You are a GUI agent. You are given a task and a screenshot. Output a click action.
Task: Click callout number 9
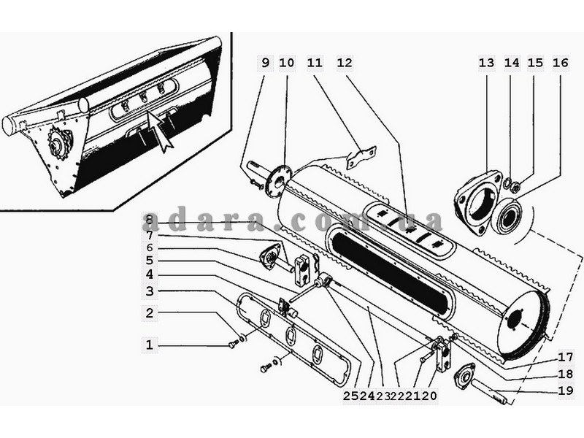[x=265, y=63]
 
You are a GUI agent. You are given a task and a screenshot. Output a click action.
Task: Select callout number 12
[x=345, y=63]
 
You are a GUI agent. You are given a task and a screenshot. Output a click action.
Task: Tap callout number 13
[x=486, y=63]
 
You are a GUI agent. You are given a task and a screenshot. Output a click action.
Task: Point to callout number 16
[x=561, y=63]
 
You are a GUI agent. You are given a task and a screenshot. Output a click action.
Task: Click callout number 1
[x=150, y=345]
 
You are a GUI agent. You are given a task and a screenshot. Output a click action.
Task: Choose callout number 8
[x=150, y=220]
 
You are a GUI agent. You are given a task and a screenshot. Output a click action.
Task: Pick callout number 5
[x=150, y=260]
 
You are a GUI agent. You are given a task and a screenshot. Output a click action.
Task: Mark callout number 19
[x=565, y=391]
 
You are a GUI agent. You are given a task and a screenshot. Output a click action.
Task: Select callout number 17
[x=565, y=358]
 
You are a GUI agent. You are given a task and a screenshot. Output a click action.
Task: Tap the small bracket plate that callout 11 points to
[x=361, y=155]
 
